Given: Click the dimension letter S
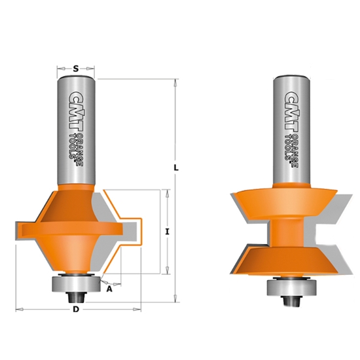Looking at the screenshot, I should point(77,67).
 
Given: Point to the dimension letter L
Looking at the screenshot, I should point(177,168).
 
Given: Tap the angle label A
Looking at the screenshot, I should point(109,287).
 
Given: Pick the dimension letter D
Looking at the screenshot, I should point(77,310).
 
